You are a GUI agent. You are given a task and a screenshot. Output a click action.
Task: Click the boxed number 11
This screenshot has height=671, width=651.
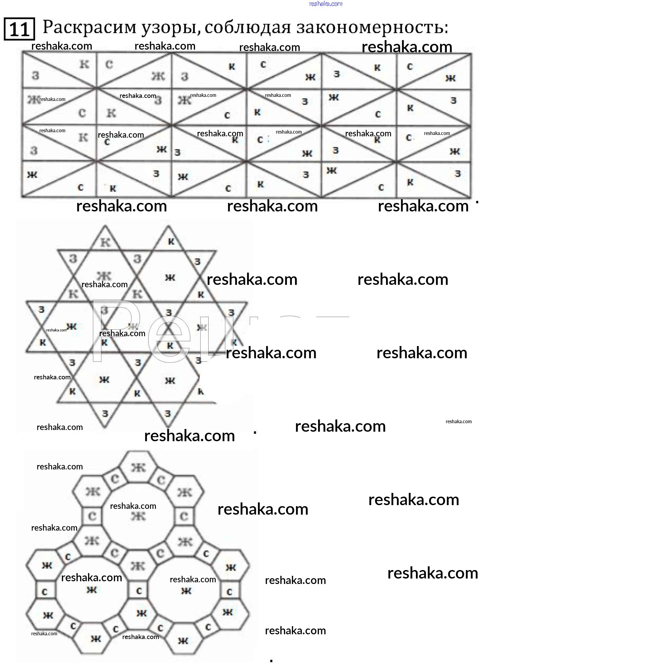(x=19, y=29)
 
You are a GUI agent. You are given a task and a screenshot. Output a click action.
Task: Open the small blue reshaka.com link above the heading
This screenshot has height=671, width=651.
(x=325, y=4)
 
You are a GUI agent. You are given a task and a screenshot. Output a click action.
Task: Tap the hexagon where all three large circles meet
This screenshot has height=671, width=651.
(x=138, y=566)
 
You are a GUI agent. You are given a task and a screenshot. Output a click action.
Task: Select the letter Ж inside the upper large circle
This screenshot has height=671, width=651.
(x=138, y=516)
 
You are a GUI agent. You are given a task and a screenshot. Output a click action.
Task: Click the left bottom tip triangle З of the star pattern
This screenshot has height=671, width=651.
(x=105, y=414)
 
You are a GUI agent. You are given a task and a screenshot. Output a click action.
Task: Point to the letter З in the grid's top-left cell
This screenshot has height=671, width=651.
(x=35, y=75)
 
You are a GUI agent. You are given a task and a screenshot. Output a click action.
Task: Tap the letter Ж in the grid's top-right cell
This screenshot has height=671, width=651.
(x=451, y=79)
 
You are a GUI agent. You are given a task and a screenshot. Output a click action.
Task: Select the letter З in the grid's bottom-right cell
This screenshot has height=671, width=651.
(x=457, y=174)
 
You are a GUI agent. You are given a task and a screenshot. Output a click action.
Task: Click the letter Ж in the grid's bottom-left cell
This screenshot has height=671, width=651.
(x=32, y=175)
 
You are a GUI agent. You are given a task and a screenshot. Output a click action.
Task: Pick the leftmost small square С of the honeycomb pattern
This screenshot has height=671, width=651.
(x=45, y=592)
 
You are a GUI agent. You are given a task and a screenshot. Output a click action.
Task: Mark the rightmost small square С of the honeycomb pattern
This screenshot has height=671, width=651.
(x=229, y=592)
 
